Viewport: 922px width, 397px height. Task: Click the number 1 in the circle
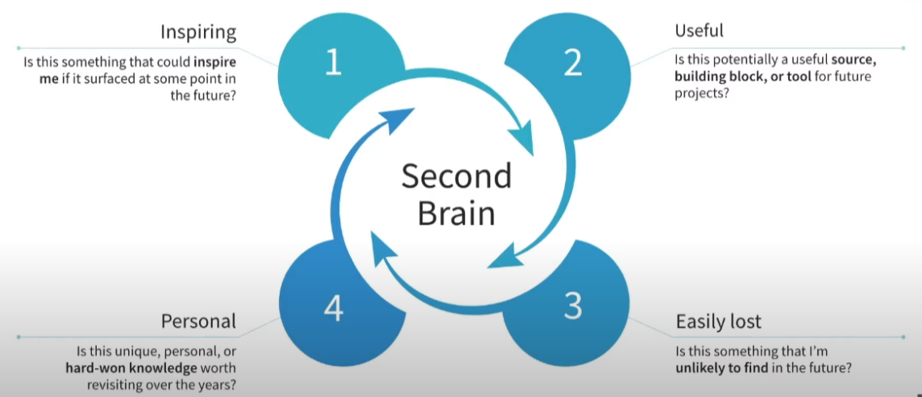pyautogui.click(x=334, y=64)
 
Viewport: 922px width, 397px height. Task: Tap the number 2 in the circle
pyautogui.click(x=572, y=64)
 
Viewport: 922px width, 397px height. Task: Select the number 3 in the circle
pyautogui.click(x=572, y=307)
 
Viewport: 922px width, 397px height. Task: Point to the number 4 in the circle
pyautogui.click(x=334, y=307)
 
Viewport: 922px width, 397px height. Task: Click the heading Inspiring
pyautogui.click(x=197, y=33)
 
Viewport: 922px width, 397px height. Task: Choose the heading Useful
pyautogui.click(x=699, y=31)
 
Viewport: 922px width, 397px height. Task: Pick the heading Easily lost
pyautogui.click(x=718, y=322)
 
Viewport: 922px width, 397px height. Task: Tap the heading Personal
pyautogui.click(x=198, y=322)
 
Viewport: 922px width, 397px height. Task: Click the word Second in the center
pyautogui.click(x=456, y=176)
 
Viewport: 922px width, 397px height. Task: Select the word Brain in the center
pyautogui.click(x=456, y=214)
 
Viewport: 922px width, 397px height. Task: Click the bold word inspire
pyautogui.click(x=214, y=60)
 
